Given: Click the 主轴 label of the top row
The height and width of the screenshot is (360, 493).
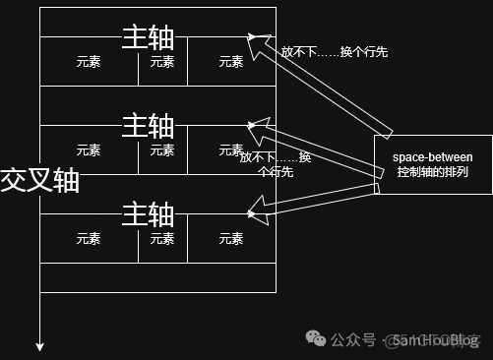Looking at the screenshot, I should [x=148, y=37].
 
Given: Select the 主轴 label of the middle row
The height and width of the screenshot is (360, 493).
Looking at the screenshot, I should [x=148, y=126].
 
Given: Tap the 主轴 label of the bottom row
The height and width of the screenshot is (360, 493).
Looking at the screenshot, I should [x=148, y=213].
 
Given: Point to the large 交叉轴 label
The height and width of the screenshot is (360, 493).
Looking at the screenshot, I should [x=39, y=180].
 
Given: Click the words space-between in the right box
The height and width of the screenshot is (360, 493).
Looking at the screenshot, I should [x=433, y=157].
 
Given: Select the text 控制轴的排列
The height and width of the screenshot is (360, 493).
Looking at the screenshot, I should [x=433, y=173].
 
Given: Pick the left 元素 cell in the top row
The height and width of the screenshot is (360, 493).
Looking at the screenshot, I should [x=89, y=61].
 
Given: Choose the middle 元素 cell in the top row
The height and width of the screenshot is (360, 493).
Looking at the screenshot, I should [x=162, y=61].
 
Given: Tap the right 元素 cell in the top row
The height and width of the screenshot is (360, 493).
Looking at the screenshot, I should [x=231, y=61].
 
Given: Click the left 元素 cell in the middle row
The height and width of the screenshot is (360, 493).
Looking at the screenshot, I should [x=89, y=150].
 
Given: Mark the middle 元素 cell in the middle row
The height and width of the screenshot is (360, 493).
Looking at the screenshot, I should [x=162, y=150].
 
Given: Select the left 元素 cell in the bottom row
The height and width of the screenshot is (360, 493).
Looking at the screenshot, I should [x=89, y=239].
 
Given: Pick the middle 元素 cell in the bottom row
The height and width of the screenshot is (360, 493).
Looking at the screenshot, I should [x=162, y=239].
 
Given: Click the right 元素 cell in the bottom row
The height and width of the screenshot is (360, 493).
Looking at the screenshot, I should [x=231, y=239].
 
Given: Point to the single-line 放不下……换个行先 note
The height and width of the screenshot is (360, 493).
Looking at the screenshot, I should [x=335, y=52].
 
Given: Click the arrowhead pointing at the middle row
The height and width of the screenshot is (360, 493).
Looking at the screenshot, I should [x=255, y=125].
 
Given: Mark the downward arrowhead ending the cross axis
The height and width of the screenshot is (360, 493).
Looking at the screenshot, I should [x=40, y=345].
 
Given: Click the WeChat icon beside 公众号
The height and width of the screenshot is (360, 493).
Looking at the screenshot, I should [x=317, y=339].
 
